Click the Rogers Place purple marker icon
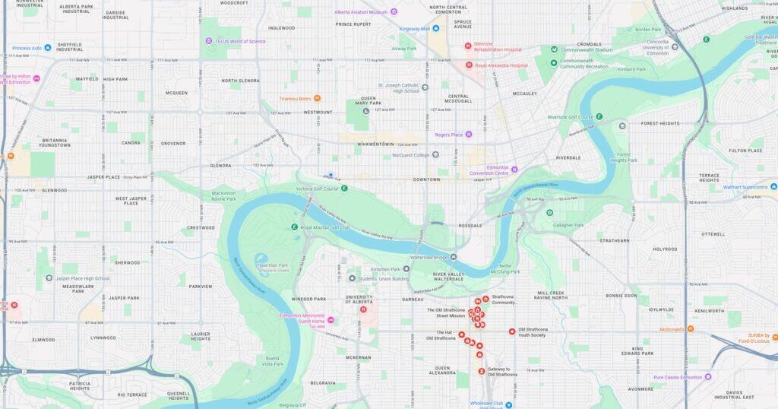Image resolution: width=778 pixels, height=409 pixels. [x=468, y=135]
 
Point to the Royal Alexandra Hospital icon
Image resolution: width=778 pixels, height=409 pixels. [x=469, y=65]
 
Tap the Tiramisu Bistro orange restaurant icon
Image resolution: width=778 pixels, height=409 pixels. [x=317, y=98]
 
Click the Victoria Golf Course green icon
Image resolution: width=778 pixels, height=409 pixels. [x=344, y=187]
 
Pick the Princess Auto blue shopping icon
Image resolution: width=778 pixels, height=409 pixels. [x=47, y=48]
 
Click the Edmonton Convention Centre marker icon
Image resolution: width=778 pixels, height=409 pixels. [x=514, y=170]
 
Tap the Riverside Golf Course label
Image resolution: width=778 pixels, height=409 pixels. [x=570, y=117]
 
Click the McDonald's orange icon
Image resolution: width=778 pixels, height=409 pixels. [x=690, y=329]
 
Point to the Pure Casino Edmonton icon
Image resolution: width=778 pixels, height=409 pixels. [x=707, y=376]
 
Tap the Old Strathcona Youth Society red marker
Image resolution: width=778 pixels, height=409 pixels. [x=512, y=331]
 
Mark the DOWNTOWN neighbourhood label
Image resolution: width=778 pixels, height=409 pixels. [x=426, y=179]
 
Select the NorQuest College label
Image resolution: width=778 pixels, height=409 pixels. [x=410, y=155]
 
